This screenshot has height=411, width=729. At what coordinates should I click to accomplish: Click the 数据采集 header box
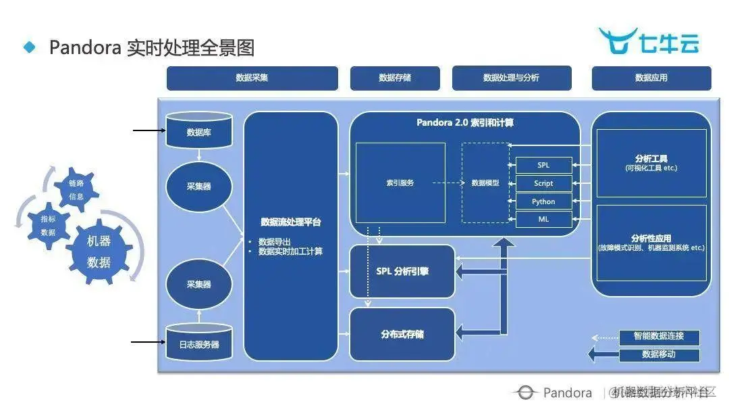(252, 78)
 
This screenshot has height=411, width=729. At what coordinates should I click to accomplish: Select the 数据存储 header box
(395, 78)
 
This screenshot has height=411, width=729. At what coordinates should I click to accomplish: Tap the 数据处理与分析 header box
(511, 78)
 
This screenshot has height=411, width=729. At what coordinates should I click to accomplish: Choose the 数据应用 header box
(651, 78)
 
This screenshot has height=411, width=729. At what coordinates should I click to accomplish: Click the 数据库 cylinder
(198, 131)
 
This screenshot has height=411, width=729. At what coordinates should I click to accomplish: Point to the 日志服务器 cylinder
(198, 343)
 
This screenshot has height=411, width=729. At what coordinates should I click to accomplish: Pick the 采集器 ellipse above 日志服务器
(198, 284)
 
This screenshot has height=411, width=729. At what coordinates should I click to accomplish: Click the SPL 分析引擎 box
(402, 271)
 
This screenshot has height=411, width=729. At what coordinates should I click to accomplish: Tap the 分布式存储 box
(402, 334)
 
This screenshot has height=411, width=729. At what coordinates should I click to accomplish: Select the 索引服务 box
(400, 183)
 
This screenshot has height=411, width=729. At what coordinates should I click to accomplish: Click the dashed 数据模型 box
(485, 183)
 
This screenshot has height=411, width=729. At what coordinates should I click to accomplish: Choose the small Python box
(543, 201)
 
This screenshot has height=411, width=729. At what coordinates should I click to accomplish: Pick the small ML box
(543, 219)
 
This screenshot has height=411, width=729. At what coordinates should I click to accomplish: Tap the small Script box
(543, 183)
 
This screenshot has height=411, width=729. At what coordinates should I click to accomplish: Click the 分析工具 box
(651, 163)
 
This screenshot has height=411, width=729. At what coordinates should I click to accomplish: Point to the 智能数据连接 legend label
(659, 336)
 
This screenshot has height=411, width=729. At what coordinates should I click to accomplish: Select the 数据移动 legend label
(659, 354)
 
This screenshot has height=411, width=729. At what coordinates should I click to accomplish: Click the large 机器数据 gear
(99, 251)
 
